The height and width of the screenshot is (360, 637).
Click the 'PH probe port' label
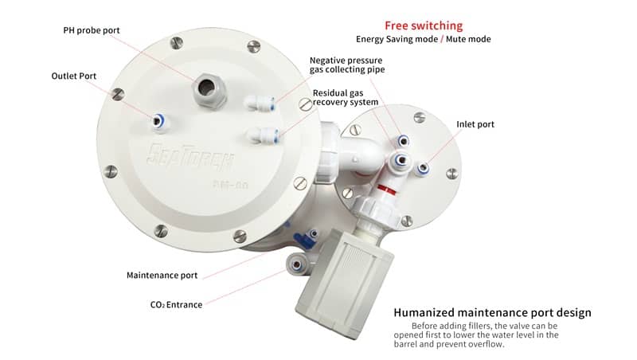pos(92,30)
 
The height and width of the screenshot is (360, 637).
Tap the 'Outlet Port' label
pos(73,76)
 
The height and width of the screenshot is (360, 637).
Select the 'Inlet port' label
pos(475,124)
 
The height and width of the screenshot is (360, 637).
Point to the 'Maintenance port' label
pos(162,276)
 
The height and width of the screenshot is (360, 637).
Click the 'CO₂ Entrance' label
pos(176,305)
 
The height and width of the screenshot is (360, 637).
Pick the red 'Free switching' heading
pos(424,25)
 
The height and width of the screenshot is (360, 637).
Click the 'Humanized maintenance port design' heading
pos(492,312)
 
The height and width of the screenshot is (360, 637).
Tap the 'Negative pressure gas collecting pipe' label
pos(347,65)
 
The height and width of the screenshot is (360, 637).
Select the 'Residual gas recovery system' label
pos(346,97)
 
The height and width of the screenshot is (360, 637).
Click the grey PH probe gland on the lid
pos(208,90)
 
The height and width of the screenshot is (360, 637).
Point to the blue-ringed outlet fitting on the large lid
pos(158,121)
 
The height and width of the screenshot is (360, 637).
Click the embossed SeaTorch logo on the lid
pos(190,156)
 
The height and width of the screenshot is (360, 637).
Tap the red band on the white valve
pos(387,189)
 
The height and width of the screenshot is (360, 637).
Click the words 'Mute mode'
pos(468,39)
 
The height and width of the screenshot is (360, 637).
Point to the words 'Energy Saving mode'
pos(397,39)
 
